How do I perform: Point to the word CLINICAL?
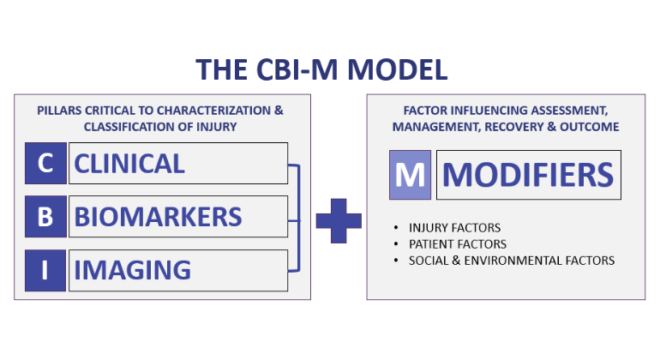coord(129,164)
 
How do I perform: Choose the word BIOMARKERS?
coord(158,217)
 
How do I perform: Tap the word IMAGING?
coord(133,270)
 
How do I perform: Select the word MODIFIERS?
coord(528,175)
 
